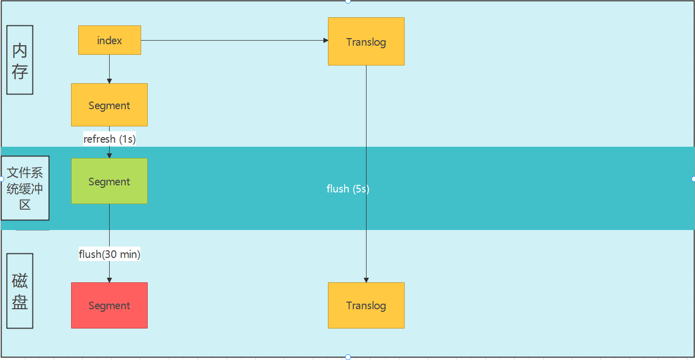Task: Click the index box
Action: click(x=109, y=40)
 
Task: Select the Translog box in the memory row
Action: click(x=366, y=42)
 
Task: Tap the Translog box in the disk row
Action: click(x=366, y=305)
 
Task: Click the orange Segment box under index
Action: click(x=109, y=105)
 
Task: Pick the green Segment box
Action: click(x=109, y=181)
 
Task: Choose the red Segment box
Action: click(x=109, y=305)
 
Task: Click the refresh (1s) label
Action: click(x=110, y=139)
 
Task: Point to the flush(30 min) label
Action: click(x=110, y=254)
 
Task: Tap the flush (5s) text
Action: click(x=348, y=189)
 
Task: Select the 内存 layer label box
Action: click(x=20, y=60)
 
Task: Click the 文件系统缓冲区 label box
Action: click(x=25, y=188)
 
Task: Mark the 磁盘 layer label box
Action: click(x=20, y=291)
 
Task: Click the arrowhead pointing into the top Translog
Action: click(x=326, y=40)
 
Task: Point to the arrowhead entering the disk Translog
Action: click(x=366, y=280)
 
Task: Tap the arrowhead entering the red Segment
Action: click(x=109, y=280)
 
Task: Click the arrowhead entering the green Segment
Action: click(x=109, y=155)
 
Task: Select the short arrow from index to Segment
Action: click(x=109, y=69)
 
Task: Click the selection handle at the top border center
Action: click(x=348, y=1)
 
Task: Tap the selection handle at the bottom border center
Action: click(x=348, y=357)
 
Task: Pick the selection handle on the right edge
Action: click(x=693, y=179)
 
